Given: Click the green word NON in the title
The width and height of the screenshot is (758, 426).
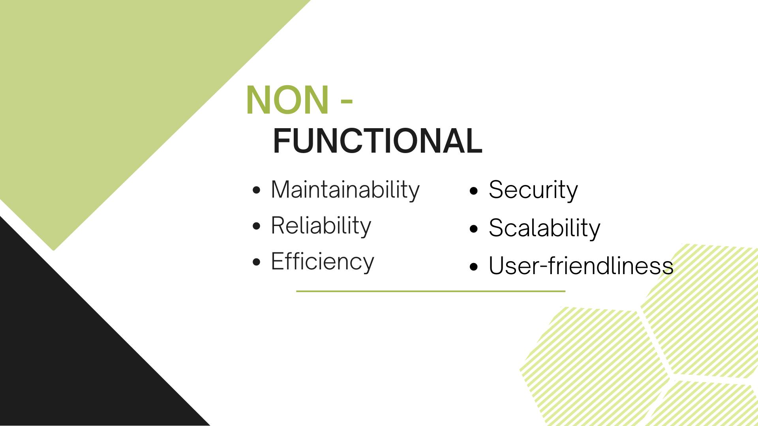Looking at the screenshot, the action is (287, 100).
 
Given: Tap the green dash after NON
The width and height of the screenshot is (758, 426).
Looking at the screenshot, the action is (346, 102).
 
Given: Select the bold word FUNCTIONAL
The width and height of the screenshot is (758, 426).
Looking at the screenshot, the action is (377, 141).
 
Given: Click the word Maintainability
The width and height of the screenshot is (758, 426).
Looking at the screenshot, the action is (345, 191).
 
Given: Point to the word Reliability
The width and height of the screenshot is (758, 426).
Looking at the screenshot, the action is (321, 226).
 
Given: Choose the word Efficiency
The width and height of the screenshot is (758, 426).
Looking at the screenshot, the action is (323, 262).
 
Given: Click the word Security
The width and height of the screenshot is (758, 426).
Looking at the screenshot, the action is (533, 191).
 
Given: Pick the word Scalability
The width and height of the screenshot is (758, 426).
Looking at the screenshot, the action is (544, 228).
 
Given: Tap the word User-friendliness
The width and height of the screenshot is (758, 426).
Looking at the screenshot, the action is (581, 266).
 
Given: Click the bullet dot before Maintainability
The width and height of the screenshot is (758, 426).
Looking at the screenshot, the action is (257, 191).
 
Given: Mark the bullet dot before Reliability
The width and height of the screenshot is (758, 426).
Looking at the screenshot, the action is (257, 226).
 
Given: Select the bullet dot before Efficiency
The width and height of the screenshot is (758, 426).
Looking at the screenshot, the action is (257, 262).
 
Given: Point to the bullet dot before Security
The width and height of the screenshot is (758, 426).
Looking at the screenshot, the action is (474, 191).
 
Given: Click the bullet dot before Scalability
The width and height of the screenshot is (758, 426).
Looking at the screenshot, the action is (474, 229).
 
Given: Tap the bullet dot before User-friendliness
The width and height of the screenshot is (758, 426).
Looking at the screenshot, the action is (474, 267).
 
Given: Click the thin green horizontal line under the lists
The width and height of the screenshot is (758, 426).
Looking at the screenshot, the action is (431, 291).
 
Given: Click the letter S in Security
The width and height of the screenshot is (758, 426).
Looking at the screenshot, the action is (497, 190).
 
